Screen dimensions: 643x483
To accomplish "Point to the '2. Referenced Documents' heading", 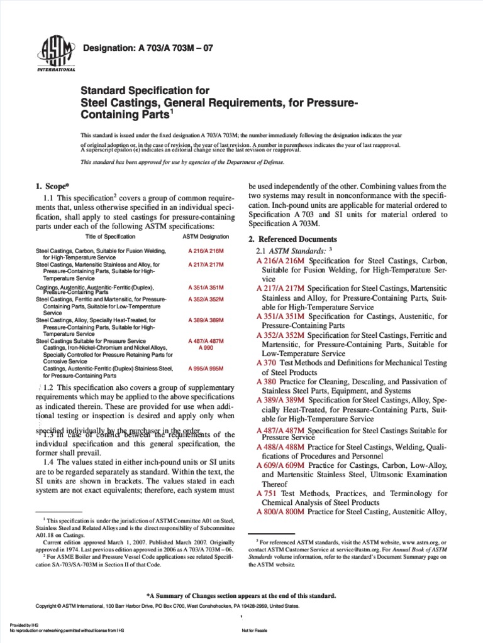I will (x=292, y=239).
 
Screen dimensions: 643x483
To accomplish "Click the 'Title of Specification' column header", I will (x=110, y=236).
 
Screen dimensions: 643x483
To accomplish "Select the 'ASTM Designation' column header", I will (x=206, y=236).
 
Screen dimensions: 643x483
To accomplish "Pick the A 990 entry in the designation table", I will (x=206, y=347).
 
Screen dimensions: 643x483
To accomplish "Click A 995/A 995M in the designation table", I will (x=206, y=369).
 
